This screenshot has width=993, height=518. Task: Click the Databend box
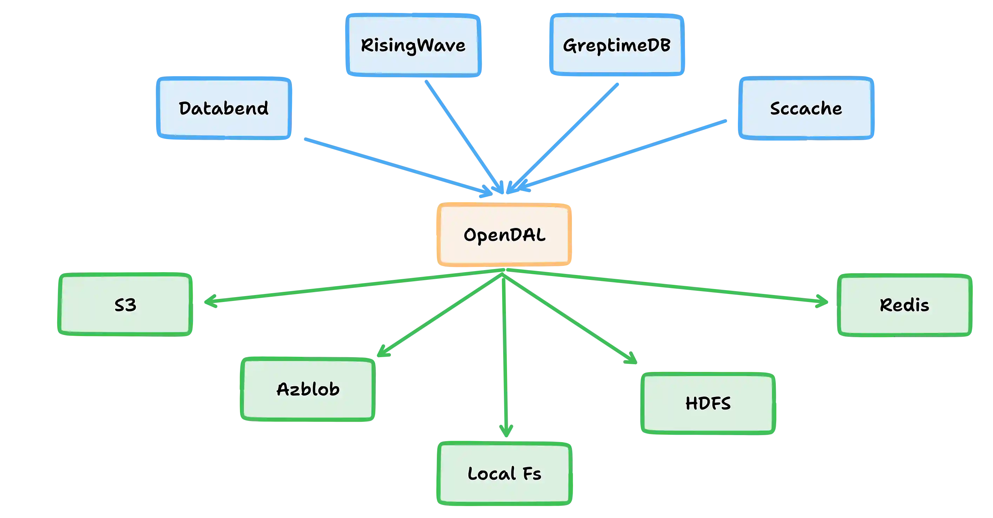pos(224,108)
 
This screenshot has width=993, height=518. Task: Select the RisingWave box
pos(413,45)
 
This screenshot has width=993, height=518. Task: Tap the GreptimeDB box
pos(617,45)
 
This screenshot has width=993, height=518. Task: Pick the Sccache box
pos(806,108)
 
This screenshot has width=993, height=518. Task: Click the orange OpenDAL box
pos(504,235)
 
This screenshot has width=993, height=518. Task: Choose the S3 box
pos(125,305)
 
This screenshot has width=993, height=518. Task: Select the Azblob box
pos(308,389)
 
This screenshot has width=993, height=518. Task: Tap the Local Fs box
pos(504,473)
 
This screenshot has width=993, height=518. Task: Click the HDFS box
pos(708,403)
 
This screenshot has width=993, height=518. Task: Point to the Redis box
pos(904,305)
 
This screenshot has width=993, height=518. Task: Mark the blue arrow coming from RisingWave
pos(462,135)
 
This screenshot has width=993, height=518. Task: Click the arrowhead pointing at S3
pos(210,301)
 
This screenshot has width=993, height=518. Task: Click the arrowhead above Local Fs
pos(505,430)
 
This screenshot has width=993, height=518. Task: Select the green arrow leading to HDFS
pos(571,319)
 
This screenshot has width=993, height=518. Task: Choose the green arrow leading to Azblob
pos(439,314)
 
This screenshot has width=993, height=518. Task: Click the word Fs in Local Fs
pos(532,474)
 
